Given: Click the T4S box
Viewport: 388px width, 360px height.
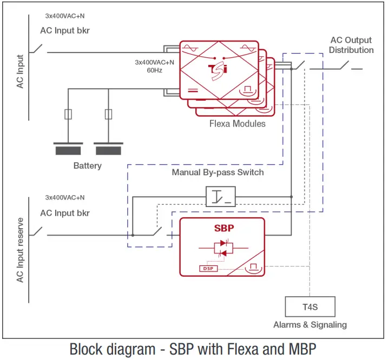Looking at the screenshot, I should pos(310,306).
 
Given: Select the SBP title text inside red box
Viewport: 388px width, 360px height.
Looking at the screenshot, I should pos(222,228).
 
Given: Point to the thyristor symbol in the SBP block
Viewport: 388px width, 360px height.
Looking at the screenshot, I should pos(222,248).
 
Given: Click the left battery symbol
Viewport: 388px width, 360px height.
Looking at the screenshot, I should pos(67,148).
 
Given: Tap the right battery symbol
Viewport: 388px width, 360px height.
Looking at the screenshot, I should pos(108,148).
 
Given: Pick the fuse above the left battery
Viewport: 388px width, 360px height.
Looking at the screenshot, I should pos(67,114).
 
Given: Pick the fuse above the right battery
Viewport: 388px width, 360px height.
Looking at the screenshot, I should pos(108,114).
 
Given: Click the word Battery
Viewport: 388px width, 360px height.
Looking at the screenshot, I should pos(87,166).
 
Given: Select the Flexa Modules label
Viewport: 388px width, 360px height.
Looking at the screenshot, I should pos(238,124).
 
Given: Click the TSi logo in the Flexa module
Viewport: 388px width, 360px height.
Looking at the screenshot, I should pos(219,70).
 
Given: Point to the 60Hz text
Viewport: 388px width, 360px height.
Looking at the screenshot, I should pos(154,70).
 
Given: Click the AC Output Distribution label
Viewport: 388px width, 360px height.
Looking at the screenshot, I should pos(351,45).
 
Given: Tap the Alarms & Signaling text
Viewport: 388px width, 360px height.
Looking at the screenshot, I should pos(310,325).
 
